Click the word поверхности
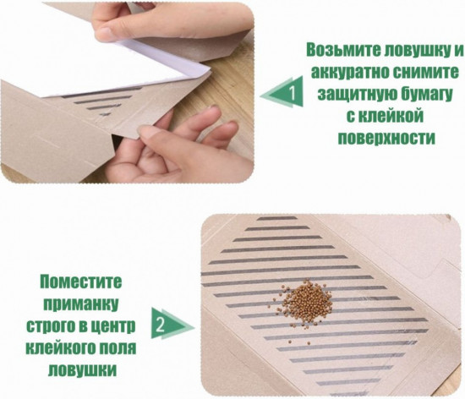[386, 138]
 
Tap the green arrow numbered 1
[282, 92]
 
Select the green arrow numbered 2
[172, 324]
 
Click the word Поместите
[81, 281]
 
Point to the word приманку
[80, 303]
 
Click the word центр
[114, 326]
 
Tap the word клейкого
[60, 348]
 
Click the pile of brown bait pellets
[304, 303]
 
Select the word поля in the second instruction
[118, 348]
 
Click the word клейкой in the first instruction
[385, 116]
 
